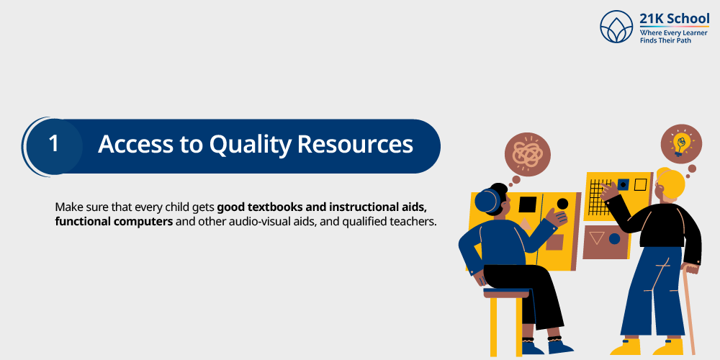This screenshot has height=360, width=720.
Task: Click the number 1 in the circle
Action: point(53,144)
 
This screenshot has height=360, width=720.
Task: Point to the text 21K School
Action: point(674,19)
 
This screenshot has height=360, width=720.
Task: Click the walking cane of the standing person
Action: point(690,310)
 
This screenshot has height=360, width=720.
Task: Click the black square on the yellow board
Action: point(528,204)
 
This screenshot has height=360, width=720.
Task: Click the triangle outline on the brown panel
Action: point(596,238)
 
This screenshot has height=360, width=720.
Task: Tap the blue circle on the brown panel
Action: point(614,238)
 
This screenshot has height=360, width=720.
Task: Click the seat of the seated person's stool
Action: point(506,293)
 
